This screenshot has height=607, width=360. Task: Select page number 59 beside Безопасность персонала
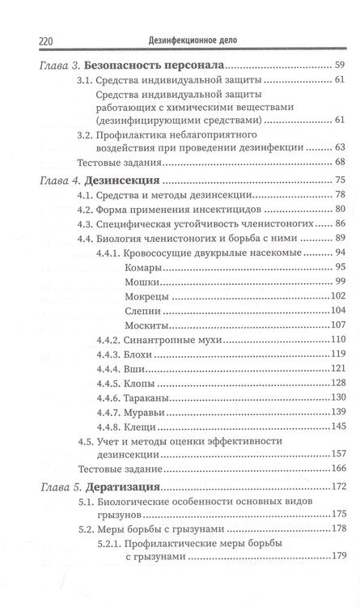[x=340, y=64]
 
